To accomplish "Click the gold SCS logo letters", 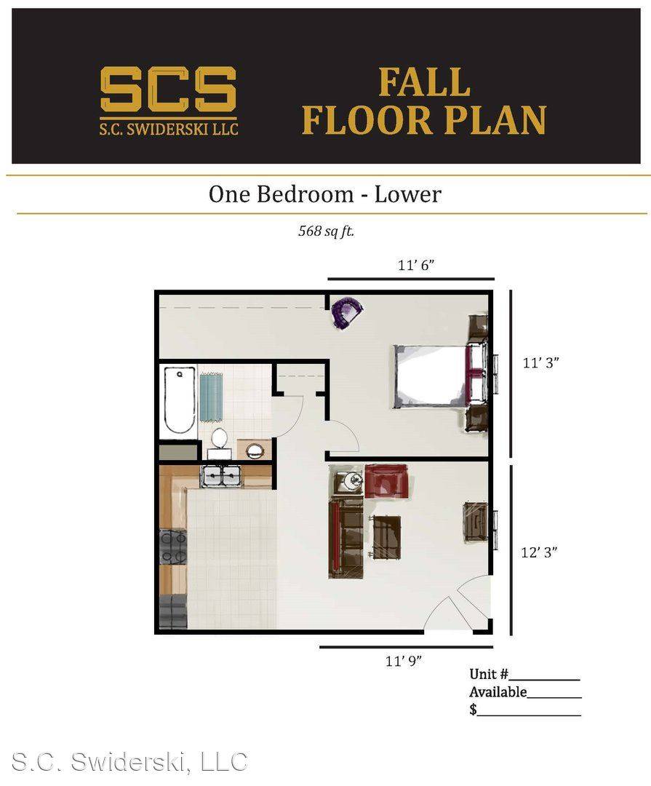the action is [168, 90].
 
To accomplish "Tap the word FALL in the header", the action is [424, 83].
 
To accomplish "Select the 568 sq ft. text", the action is [327, 231].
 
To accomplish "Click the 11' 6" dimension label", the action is [416, 265].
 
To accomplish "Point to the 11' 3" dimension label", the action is [540, 362].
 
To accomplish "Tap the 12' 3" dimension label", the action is [539, 552].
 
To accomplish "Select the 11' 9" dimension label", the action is [404, 661].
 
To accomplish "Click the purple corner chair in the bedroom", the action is [347, 311].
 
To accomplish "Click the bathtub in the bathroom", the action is [180, 400].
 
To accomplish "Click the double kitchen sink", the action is [221, 475].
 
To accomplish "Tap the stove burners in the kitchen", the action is [173, 547].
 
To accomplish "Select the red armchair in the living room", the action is [386, 481].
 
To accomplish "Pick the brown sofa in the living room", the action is [346, 539].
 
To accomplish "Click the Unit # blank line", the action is [544, 679].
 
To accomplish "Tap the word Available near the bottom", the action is [498, 692].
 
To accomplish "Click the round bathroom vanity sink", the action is [255, 450].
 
